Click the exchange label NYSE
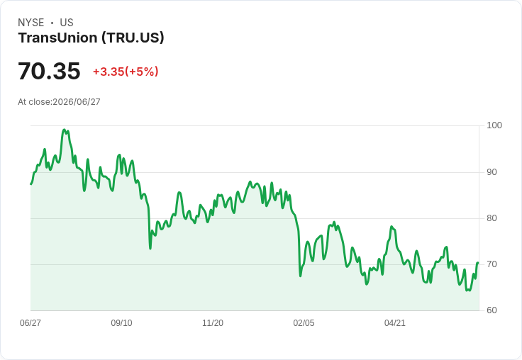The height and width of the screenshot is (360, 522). (31, 23)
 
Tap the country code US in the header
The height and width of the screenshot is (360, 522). (67, 23)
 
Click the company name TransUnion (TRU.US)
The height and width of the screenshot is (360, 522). (91, 38)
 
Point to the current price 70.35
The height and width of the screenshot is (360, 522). (49, 71)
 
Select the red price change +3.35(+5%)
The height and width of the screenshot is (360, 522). (126, 72)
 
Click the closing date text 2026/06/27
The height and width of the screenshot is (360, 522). (77, 102)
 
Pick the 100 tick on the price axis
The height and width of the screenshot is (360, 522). (494, 125)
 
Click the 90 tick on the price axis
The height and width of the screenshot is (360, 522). (492, 172)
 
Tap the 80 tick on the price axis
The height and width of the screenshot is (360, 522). (492, 218)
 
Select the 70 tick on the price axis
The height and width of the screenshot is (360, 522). (492, 264)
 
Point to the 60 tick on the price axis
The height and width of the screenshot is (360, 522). (492, 310)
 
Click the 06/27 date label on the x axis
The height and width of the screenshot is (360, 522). (30, 323)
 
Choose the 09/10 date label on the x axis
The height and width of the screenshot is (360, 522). (121, 323)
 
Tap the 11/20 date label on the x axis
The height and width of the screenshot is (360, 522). (213, 323)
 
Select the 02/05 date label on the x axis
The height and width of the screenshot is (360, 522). (304, 323)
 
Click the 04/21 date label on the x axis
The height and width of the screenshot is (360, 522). (395, 323)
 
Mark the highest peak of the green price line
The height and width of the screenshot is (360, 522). (65, 130)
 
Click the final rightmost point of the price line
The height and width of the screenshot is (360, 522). (478, 263)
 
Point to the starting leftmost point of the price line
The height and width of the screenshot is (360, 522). (31, 184)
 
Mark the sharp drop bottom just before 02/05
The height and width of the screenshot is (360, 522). (300, 276)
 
